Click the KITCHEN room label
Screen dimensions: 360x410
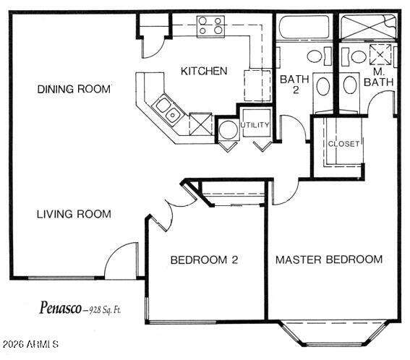[x=204, y=71]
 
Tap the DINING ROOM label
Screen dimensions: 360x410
[x=74, y=89]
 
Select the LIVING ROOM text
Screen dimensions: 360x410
[x=74, y=213]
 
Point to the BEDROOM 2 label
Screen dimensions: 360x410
[x=205, y=260]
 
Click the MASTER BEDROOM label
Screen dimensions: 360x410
[x=329, y=260]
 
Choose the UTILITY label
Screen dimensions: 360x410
[x=255, y=125]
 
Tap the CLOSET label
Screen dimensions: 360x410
[x=343, y=144]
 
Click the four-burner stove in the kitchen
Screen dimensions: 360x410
[x=210, y=27]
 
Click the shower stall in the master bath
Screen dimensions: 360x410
[x=370, y=30]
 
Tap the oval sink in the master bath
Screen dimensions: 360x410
[x=351, y=85]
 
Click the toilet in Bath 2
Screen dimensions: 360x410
[x=315, y=56]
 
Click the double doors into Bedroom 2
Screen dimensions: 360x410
[x=170, y=210]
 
